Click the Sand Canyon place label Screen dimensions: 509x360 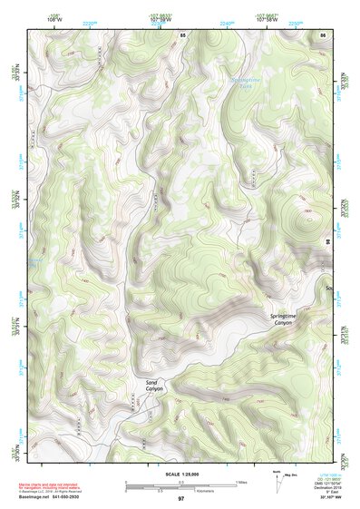(x=151, y=387)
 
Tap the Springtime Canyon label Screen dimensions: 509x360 (x=284, y=318)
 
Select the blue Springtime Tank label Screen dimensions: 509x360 (x=246, y=83)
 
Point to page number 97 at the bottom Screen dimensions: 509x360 (x=180, y=499)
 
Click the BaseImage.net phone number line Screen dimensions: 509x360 (x=55, y=499)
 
